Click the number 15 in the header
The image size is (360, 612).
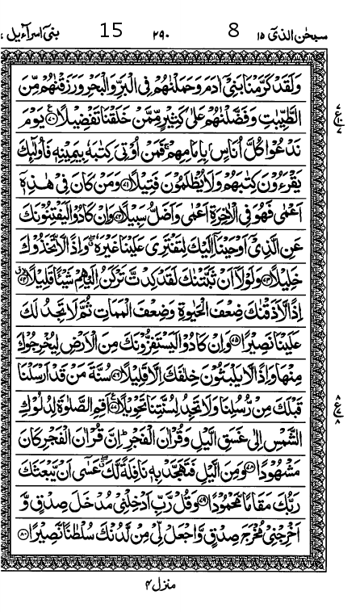click(x=111, y=33)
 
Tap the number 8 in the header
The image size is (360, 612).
click(x=234, y=33)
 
